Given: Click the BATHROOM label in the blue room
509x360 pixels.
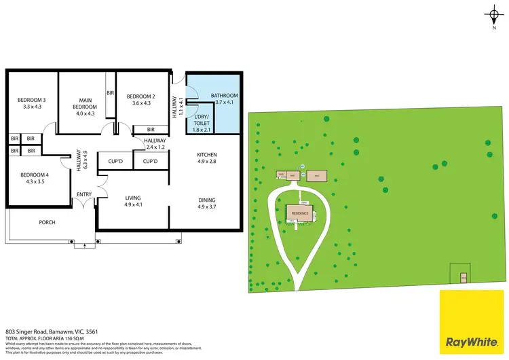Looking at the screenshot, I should tap(224, 95).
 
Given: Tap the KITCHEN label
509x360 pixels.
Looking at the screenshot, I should tap(206, 154).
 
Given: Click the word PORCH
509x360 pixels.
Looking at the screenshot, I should tap(47, 222).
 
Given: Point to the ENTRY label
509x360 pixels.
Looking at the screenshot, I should tap(84, 195).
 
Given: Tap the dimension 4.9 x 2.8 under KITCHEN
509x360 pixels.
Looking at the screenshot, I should tap(206, 162).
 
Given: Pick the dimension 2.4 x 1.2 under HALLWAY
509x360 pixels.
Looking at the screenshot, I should tap(155, 147).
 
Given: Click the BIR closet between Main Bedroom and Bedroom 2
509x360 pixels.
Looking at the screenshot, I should tap(109, 93).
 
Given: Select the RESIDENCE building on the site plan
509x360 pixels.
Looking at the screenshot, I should tap(302, 213).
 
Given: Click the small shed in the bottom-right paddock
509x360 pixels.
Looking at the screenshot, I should tap(464, 278).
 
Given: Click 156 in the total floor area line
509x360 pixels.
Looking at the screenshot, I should tap(67, 337).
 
